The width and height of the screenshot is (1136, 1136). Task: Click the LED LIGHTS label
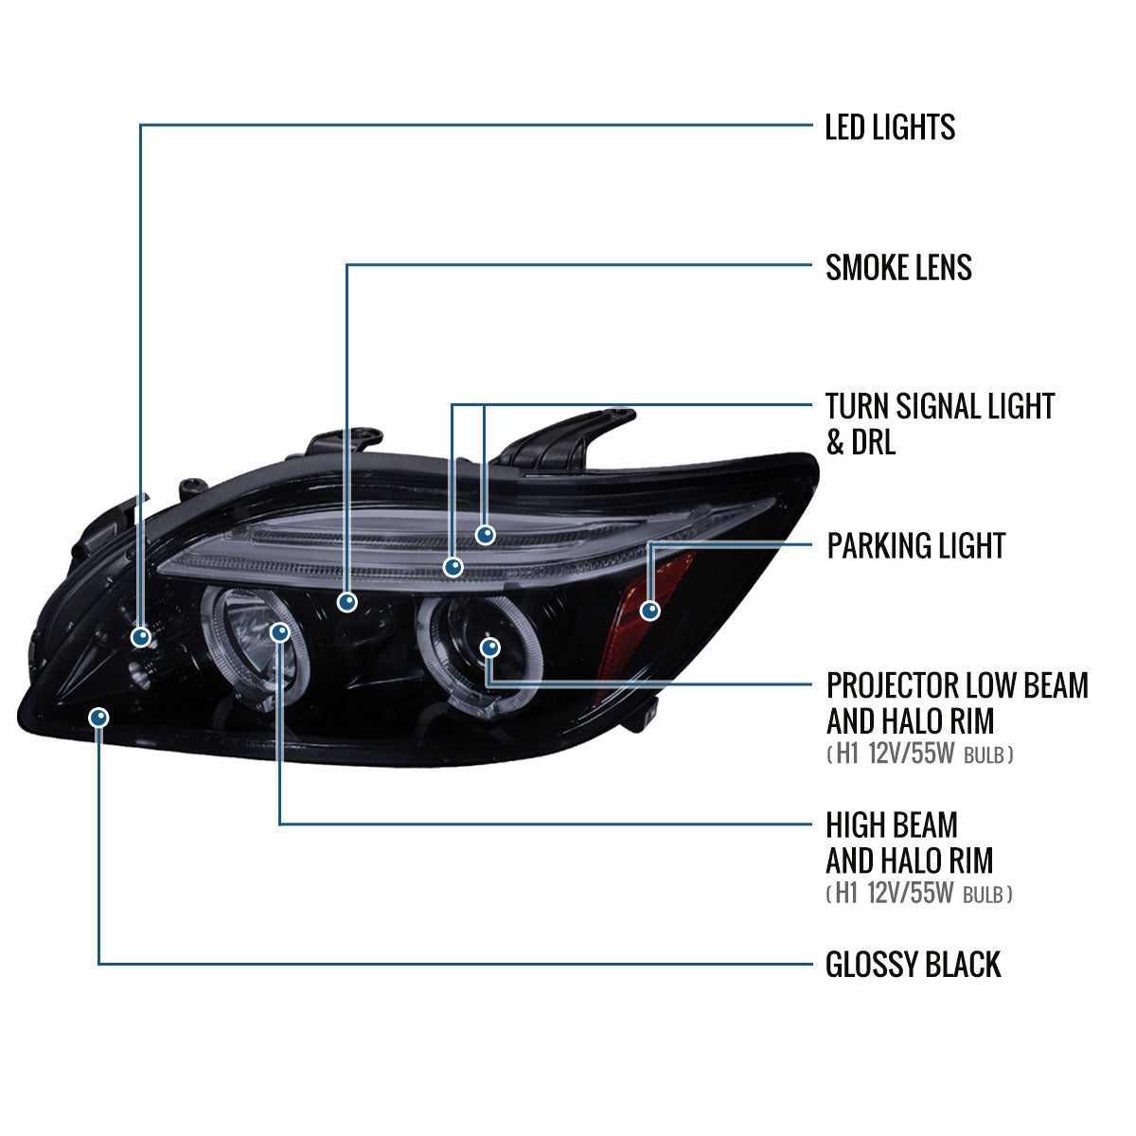pos(890,127)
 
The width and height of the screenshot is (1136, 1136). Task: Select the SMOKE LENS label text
pos(898,268)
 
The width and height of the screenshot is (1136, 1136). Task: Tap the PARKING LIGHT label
pos(915,546)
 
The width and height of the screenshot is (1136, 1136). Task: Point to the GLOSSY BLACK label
pos(913,965)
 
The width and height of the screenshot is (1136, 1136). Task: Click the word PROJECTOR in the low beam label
pos(890,685)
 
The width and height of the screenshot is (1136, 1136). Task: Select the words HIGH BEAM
pos(892,825)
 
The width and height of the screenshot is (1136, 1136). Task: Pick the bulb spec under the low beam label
pos(919,755)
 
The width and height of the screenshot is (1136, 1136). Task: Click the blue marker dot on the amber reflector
pos(649,611)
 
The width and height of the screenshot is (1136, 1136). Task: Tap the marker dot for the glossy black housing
pos(98,718)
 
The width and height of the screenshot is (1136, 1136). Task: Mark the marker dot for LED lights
pos(141,637)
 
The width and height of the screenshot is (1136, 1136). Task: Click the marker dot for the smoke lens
pos(347,601)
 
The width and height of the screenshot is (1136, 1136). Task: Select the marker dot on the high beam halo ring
pos(280,631)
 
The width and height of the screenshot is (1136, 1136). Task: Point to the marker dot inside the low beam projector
pos(489,648)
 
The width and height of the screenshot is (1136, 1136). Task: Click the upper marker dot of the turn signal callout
pos(486,535)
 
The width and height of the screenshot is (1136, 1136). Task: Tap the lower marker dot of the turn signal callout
pos(453,567)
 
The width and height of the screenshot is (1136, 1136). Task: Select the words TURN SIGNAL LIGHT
pos(939,407)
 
